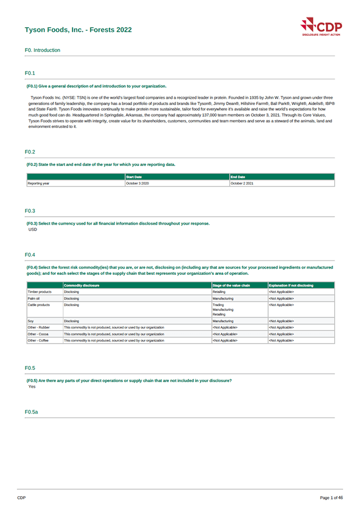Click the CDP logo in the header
click(x=320, y=27)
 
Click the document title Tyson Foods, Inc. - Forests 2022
click(x=78, y=30)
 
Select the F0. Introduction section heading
click(x=42, y=50)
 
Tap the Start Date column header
click(x=134, y=177)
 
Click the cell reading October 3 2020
click(x=138, y=183)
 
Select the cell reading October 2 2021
click(x=242, y=183)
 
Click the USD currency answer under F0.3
click(x=32, y=229)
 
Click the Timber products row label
click(x=39, y=292)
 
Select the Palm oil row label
click(x=34, y=298)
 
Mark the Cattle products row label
click(x=39, y=305)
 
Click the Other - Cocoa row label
click(x=38, y=334)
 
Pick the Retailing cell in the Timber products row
click(x=219, y=292)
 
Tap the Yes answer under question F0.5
click(x=32, y=386)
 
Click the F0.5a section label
click(x=31, y=412)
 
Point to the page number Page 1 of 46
click(x=331, y=497)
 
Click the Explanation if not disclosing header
click(x=291, y=286)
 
